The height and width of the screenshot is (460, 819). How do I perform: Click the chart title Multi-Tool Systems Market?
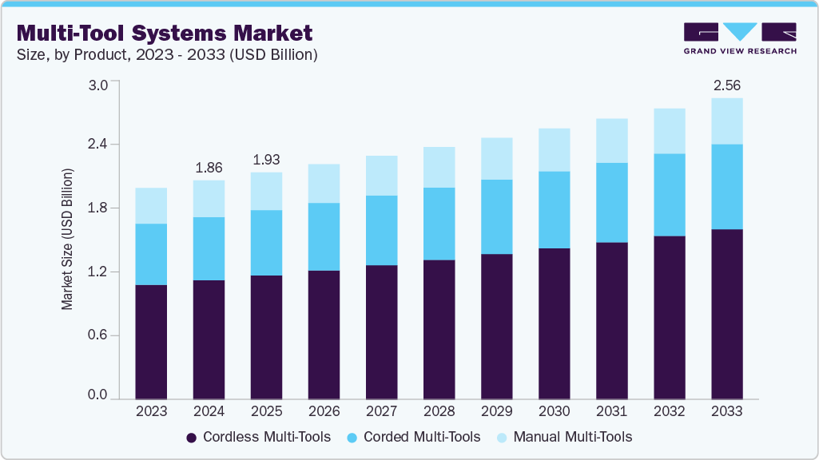(164, 33)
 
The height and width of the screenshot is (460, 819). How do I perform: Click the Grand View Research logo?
(739, 38)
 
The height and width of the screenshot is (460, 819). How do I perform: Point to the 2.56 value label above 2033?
(726, 85)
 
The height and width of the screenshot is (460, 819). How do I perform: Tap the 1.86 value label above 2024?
(209, 168)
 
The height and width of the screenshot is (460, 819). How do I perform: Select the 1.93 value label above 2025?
(266, 160)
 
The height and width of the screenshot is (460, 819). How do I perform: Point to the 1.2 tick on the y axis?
(97, 272)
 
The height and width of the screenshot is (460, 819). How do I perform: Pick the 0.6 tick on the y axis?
(97, 335)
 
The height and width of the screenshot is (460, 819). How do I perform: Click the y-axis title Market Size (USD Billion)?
(68, 240)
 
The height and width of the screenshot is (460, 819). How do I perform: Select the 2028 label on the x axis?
(439, 411)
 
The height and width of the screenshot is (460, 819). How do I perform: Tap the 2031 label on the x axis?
(611, 411)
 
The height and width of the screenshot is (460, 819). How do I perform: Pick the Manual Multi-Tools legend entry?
(563, 437)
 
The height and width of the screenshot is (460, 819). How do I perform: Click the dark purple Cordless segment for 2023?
(151, 342)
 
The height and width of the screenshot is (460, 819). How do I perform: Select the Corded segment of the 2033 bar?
(726, 187)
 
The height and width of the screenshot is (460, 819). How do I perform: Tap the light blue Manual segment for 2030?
(554, 150)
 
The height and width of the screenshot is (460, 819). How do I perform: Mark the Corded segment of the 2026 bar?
(324, 236)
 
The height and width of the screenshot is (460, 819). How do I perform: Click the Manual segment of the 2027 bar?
(381, 176)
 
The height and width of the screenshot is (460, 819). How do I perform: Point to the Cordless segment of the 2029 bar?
(496, 327)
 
